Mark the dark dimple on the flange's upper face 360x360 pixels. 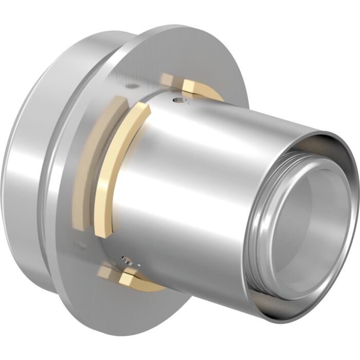(133, 86)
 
